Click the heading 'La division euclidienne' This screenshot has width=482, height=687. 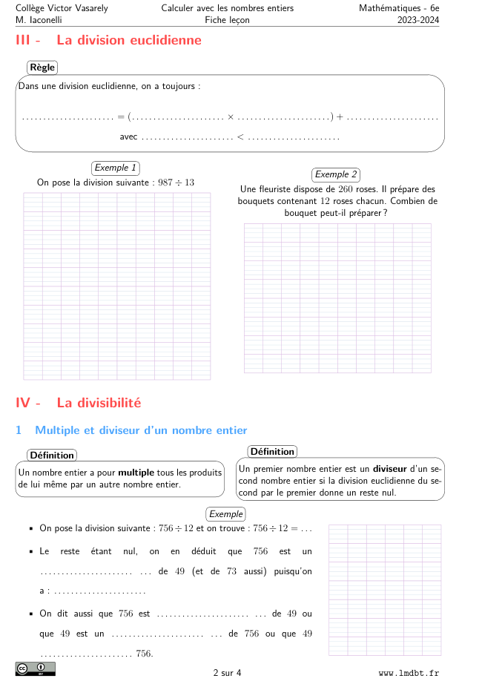[x=129, y=40]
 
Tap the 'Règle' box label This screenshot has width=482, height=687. [x=42, y=68]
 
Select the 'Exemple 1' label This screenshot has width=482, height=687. [x=116, y=168]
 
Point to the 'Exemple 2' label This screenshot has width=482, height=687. [x=336, y=174]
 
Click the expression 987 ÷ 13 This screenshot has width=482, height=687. [x=177, y=183]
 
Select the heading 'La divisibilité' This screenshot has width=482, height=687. [x=99, y=403]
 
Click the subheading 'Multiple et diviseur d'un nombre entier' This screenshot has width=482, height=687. [x=141, y=430]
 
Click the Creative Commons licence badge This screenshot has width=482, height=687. [x=35, y=669]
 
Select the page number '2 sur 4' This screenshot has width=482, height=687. [x=227, y=673]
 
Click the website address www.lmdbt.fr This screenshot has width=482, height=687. [x=409, y=673]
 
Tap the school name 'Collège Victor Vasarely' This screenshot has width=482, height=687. [x=62, y=8]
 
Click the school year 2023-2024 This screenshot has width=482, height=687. [x=418, y=20]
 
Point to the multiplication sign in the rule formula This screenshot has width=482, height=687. [x=231, y=116]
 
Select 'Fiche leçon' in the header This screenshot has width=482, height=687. [x=227, y=20]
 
